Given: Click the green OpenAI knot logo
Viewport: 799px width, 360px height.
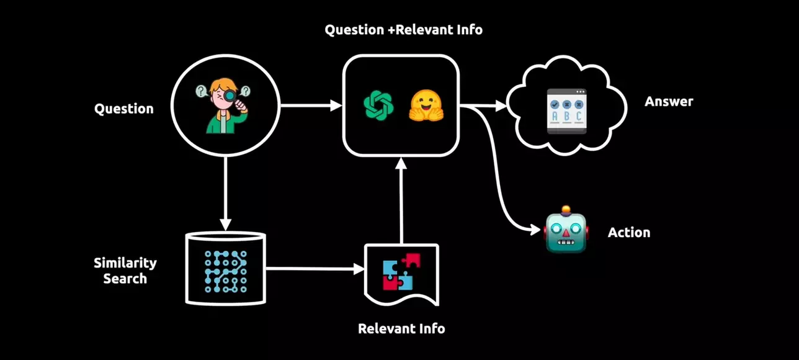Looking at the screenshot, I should click(378, 105).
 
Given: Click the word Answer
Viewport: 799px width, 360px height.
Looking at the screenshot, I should click(669, 101).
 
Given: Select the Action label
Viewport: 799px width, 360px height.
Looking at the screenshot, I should click(629, 233).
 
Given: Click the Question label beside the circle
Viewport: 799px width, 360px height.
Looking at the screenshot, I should click(123, 109).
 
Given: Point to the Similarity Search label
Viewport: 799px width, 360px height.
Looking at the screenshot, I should click(125, 271).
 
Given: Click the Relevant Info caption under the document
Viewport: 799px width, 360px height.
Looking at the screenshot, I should click(401, 328).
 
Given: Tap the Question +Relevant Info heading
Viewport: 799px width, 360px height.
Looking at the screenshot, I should click(403, 30).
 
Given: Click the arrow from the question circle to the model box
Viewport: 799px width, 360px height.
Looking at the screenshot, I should click(310, 106).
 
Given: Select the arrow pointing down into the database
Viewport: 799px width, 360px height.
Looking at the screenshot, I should click(226, 192).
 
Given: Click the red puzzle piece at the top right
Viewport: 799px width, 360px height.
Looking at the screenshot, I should click(412, 259).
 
